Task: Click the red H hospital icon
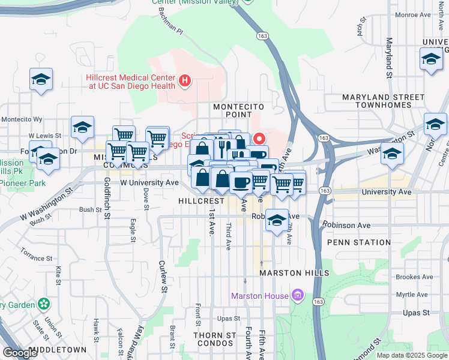coord(185,80)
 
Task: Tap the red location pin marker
coord(260,138)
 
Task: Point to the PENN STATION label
coord(359,242)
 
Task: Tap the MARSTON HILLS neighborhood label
coord(294,273)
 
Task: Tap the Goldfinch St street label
coord(107,197)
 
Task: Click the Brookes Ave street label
coord(414,277)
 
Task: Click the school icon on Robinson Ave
coord(277,220)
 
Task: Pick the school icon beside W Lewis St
coord(82,127)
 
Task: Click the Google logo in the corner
coord(20,353)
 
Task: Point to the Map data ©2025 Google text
coord(411,355)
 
